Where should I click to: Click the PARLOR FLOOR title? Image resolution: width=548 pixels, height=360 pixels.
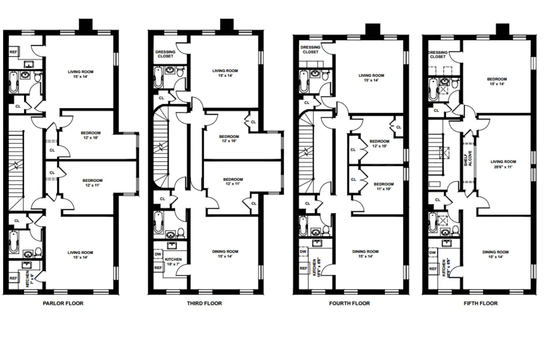(63, 303)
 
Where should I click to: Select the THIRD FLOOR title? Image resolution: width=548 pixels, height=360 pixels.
(205, 303)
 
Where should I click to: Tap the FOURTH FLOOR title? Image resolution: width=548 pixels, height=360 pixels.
(350, 303)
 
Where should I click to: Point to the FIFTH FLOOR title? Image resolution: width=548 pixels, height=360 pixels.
(480, 303)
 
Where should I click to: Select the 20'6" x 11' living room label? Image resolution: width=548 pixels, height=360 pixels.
(503, 164)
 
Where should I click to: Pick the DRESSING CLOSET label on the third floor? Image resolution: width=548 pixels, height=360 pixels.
(165, 54)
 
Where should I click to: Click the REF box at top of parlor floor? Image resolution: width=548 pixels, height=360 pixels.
(13, 52)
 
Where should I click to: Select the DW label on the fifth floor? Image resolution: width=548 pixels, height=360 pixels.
(432, 253)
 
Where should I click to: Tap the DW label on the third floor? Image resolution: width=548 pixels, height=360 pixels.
(158, 254)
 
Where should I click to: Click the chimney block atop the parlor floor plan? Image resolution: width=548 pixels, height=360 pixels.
(86, 25)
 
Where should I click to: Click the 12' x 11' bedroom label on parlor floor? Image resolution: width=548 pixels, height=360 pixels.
(92, 182)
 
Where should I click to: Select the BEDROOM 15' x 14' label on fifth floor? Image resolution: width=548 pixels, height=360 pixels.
(497, 82)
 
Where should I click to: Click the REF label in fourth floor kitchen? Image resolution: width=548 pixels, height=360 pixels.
(303, 268)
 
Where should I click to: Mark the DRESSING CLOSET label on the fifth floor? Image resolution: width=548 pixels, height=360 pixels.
(438, 55)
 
